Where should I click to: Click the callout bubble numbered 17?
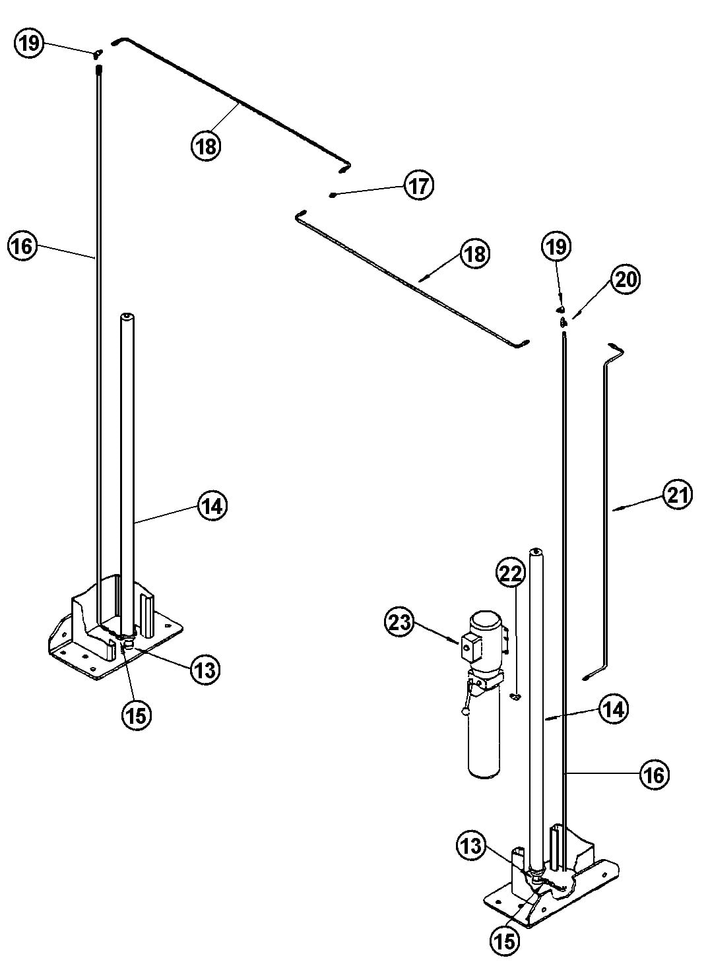pyautogui.click(x=418, y=185)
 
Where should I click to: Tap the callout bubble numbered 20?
pyautogui.click(x=625, y=280)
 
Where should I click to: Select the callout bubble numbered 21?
pyautogui.click(x=677, y=495)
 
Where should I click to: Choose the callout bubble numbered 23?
pyautogui.click(x=399, y=623)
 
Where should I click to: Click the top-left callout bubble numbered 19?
pyautogui.click(x=28, y=44)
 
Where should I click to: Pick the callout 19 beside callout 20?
pyautogui.click(x=556, y=247)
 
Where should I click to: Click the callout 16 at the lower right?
pyautogui.click(x=653, y=775)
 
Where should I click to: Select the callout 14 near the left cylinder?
pyautogui.click(x=211, y=506)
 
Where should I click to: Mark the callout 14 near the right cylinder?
pyautogui.click(x=614, y=709)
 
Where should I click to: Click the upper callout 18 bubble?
pyautogui.click(x=207, y=145)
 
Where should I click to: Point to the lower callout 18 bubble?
pyautogui.click(x=474, y=254)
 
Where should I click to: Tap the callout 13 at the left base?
pyautogui.click(x=205, y=670)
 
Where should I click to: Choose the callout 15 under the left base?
pyautogui.click(x=135, y=714)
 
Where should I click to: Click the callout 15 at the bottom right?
pyautogui.click(x=504, y=940)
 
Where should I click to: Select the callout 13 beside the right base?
pyautogui.click(x=472, y=845)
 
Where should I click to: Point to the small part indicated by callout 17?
pyautogui.click(x=334, y=195)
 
